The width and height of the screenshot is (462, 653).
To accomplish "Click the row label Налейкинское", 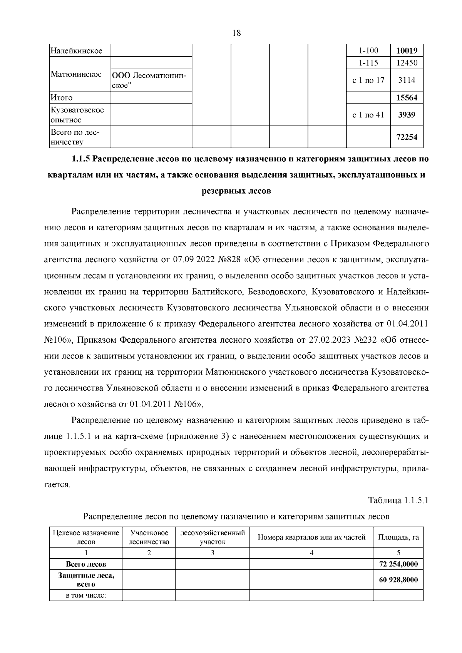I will (x=77, y=51).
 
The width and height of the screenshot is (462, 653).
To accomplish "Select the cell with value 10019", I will (x=407, y=51).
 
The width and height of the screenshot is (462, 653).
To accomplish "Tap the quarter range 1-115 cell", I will (x=368, y=63).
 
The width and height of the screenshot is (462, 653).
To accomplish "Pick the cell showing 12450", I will (x=407, y=63).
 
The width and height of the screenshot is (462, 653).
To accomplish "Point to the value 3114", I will (x=407, y=80).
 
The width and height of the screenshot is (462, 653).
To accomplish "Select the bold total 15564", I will (x=407, y=98).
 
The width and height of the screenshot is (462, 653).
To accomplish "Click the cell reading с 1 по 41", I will (x=368, y=115).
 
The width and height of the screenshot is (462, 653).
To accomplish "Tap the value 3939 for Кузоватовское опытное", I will (x=407, y=115).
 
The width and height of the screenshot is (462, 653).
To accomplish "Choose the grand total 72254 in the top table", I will (x=407, y=137).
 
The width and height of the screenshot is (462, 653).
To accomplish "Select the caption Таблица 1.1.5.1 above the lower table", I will (x=398, y=501).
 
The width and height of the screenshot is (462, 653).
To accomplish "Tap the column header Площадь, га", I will (x=398, y=537).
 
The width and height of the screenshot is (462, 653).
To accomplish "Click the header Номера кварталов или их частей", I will (x=311, y=537).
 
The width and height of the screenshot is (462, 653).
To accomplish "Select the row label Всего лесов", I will (x=86, y=564).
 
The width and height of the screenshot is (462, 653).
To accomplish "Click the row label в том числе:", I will (x=86, y=596).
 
